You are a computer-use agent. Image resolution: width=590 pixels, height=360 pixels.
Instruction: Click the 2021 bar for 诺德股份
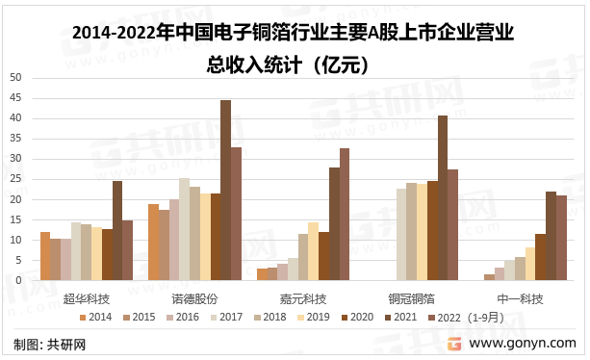pyautogui.click(x=225, y=190)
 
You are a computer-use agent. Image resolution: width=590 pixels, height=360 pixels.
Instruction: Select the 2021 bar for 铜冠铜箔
pyautogui.click(x=443, y=198)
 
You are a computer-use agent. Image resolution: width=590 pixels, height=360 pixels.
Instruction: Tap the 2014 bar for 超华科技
pyautogui.click(x=45, y=256)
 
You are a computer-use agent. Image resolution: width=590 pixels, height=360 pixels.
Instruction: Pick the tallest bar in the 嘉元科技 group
pyautogui.click(x=345, y=214)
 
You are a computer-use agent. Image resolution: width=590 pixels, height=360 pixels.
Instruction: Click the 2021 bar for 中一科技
pyautogui.click(x=551, y=236)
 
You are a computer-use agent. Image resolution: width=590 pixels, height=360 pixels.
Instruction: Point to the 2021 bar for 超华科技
pyautogui.click(x=117, y=231)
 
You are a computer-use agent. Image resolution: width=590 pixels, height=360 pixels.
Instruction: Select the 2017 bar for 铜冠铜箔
pyautogui.click(x=401, y=234)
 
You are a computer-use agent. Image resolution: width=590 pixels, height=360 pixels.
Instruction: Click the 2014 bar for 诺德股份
pyautogui.click(x=154, y=243)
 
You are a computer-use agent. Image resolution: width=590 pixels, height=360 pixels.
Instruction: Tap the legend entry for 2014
pyautogui.click(x=95, y=317)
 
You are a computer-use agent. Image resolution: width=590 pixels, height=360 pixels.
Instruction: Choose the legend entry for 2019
pyautogui.click(x=314, y=317)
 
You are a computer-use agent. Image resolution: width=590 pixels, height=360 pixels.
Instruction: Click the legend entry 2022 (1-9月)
pyautogui.click(x=466, y=318)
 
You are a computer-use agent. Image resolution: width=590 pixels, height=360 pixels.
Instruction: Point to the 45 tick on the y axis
pyautogui.click(x=15, y=98)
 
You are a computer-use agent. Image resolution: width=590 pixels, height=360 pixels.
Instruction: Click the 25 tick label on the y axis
pyautogui.click(x=15, y=179)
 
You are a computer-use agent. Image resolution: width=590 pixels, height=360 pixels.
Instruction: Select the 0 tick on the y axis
pyautogui.click(x=18, y=280)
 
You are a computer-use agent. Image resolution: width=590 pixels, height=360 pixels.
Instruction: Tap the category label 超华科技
pyautogui.click(x=87, y=299)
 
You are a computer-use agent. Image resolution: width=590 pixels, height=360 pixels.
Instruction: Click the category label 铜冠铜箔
pyautogui.click(x=412, y=299)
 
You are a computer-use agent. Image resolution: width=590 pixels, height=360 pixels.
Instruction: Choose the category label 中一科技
pyautogui.click(x=520, y=299)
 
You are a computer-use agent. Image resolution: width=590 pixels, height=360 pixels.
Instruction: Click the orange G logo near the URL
pyautogui.click(x=454, y=344)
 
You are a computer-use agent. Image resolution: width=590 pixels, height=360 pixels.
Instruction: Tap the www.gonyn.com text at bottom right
pyautogui.click(x=523, y=343)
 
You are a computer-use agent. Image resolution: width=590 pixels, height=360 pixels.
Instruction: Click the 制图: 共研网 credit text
pyautogui.click(x=50, y=345)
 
